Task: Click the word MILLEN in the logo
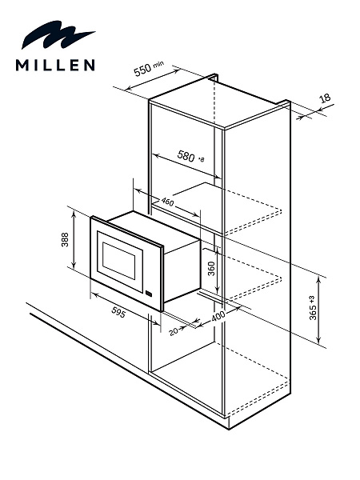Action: tap(55, 65)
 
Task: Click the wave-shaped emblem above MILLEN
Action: tap(58, 35)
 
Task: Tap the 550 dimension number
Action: tap(142, 70)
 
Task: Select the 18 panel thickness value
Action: tap(325, 98)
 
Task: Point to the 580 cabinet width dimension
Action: tap(186, 156)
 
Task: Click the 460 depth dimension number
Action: tap(167, 202)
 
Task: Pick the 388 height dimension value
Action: tap(65, 239)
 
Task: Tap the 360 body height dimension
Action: tap(211, 269)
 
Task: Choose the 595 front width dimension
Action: tap(118, 312)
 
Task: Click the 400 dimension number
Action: tap(218, 316)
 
